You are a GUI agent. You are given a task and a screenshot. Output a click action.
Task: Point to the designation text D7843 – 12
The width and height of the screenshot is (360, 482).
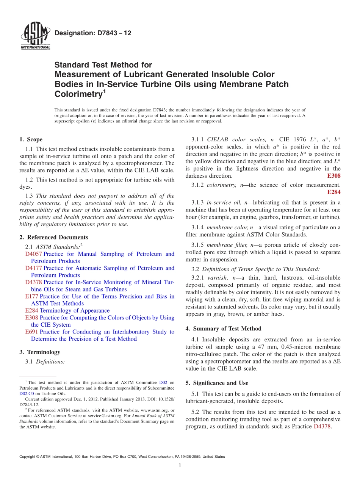tap(93, 33)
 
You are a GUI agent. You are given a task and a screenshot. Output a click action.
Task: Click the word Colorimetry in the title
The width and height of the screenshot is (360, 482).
tap(78, 94)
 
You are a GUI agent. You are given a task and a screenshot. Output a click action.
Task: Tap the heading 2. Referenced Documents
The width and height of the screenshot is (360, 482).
tap(53, 237)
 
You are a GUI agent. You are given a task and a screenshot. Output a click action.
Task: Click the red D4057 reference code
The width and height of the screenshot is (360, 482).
tap(33, 254)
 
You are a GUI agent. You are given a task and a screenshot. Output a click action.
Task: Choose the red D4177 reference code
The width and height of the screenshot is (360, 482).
tap(33, 268)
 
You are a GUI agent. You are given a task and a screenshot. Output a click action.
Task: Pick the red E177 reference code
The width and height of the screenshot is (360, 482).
tap(31, 296)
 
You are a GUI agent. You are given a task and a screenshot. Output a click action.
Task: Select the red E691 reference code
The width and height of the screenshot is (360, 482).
tap(31, 332)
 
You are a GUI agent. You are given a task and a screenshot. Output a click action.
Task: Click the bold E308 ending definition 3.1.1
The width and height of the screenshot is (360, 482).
tap(333, 176)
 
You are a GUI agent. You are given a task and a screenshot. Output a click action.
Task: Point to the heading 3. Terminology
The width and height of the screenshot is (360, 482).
tap(40, 352)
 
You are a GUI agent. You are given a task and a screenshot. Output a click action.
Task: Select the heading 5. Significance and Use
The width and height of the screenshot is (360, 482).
tap(217, 383)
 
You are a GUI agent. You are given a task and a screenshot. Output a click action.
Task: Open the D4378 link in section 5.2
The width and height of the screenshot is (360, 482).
tap(322, 426)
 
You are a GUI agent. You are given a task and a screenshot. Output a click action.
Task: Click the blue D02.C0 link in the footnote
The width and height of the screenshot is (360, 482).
tap(27, 394)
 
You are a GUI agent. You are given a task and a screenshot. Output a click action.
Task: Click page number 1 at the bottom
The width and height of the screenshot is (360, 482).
tap(180, 465)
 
